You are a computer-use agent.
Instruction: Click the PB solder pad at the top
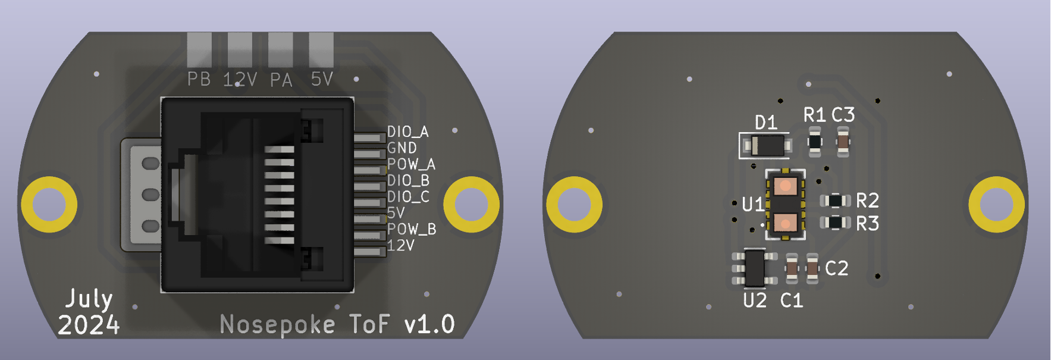point(199,49)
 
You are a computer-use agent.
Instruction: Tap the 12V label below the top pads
point(240,80)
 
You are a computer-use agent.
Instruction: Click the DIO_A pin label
point(407,132)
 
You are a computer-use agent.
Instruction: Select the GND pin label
point(401,148)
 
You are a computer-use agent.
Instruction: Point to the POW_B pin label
point(411,229)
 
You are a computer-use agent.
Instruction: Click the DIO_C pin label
point(407,196)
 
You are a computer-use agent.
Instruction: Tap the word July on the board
point(89,299)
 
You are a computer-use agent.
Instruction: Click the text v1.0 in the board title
point(429,324)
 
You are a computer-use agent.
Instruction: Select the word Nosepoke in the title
point(277,325)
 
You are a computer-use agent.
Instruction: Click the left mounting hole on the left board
point(49,204)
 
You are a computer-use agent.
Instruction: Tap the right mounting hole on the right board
point(996,204)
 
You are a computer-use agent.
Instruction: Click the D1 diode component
point(767,145)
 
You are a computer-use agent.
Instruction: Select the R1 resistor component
point(814,142)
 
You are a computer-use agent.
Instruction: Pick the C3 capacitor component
point(843,142)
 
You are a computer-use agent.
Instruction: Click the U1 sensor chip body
point(785,204)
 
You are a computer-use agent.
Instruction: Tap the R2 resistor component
point(836,201)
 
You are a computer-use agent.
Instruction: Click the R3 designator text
point(867,224)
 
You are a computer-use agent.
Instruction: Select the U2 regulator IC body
point(754,268)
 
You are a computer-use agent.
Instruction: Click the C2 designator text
point(836,269)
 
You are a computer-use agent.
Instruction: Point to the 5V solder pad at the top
point(321,49)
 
